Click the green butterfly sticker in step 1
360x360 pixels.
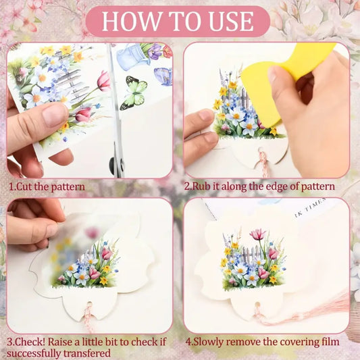coord(134,93)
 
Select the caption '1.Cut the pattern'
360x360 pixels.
coord(47,186)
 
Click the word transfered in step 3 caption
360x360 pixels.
coord(86,352)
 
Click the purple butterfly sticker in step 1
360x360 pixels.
coord(163,76)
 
